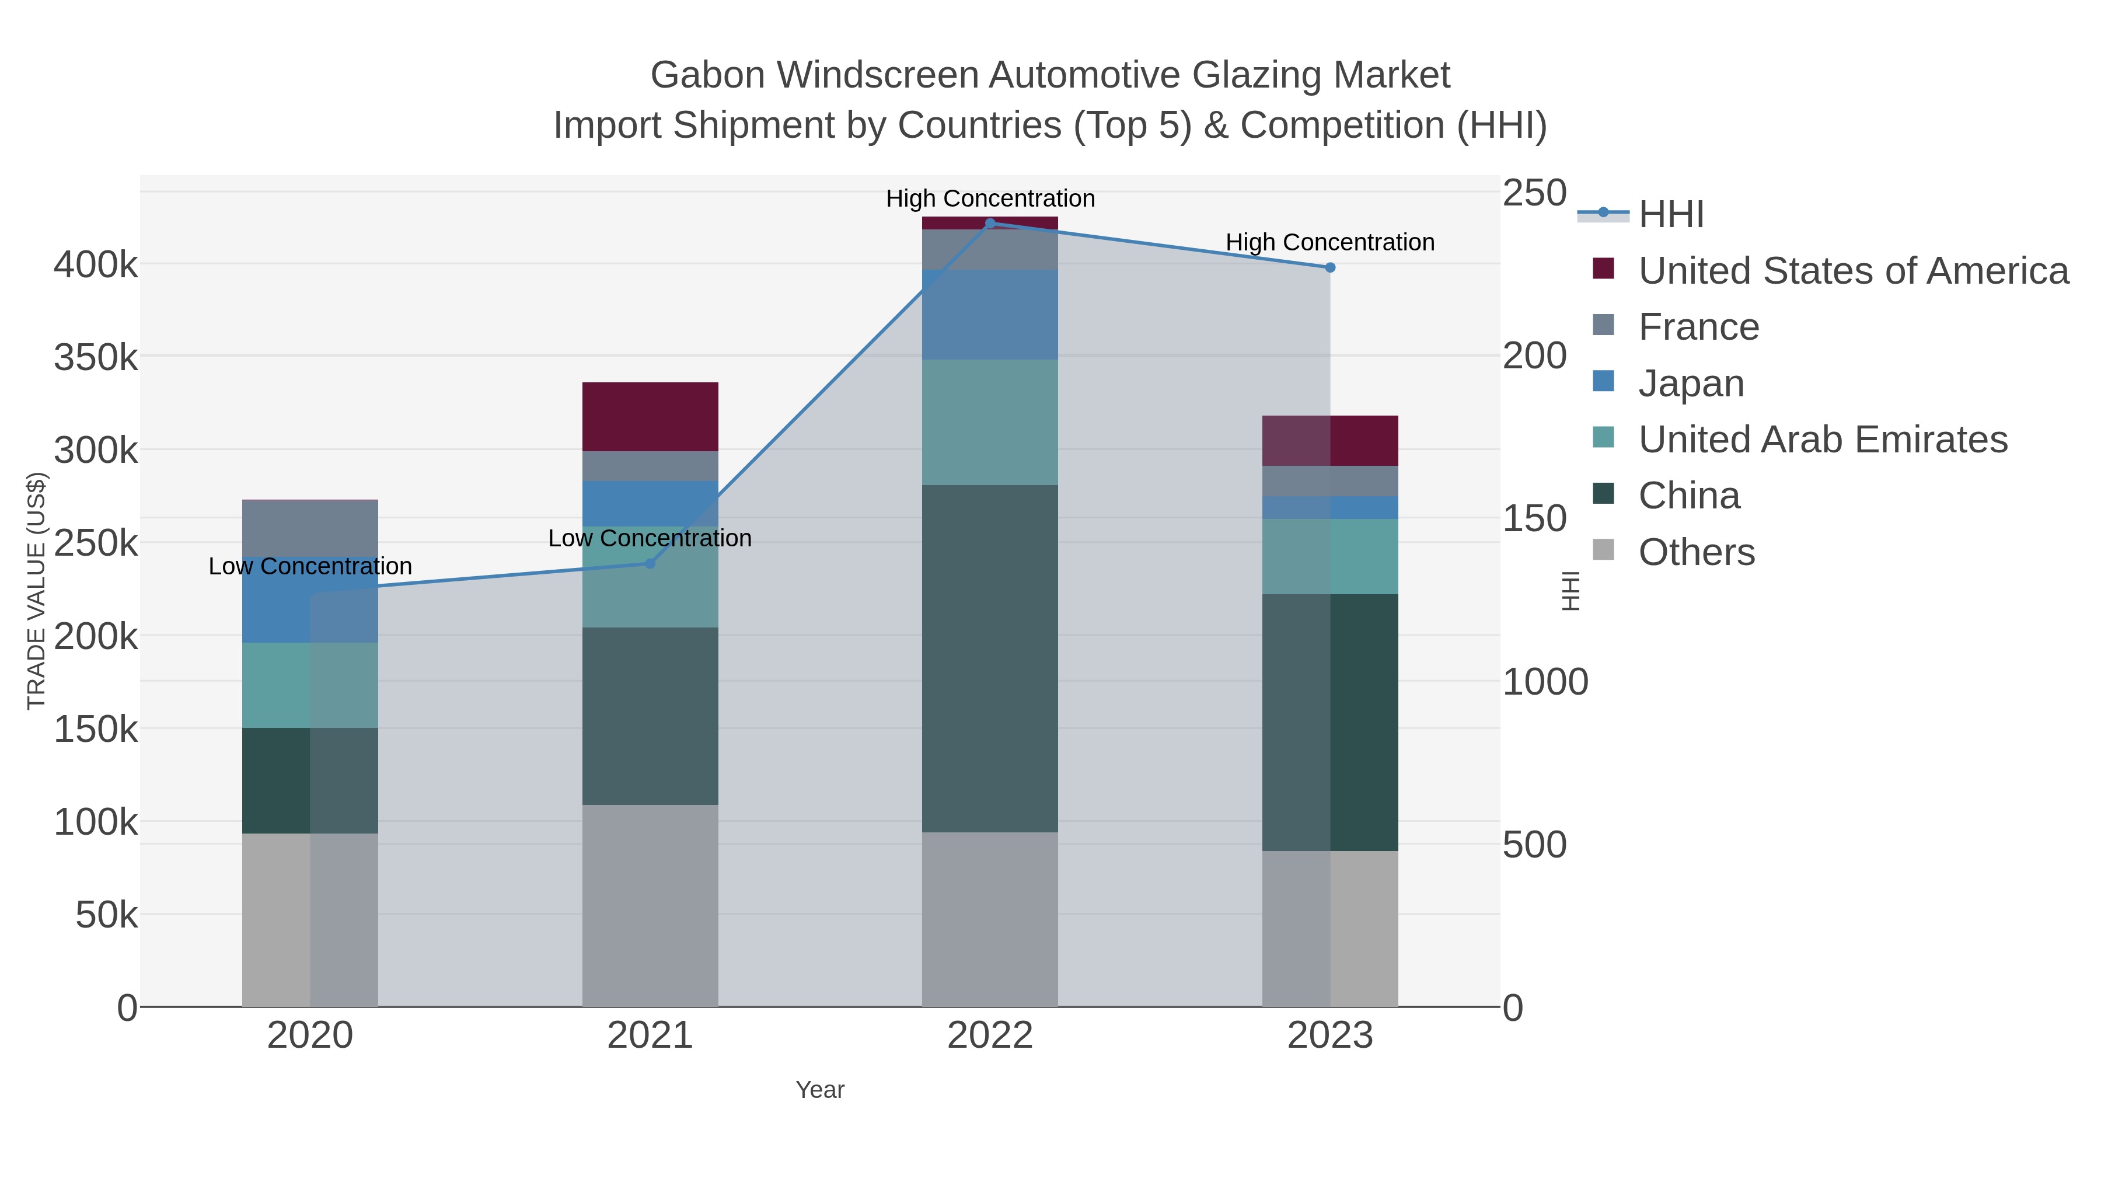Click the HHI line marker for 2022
click(990, 223)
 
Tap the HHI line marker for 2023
click(1330, 267)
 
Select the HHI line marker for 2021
click(650, 564)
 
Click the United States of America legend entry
click(1852, 271)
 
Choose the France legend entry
click(1698, 327)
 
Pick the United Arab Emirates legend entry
click(1822, 440)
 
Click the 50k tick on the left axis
click(106, 915)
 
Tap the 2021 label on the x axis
click(650, 1036)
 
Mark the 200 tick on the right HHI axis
click(1534, 357)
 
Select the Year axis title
click(820, 1090)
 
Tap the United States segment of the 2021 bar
click(650, 417)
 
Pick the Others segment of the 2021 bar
click(650, 905)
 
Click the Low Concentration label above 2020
click(310, 566)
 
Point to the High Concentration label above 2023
click(1330, 242)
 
